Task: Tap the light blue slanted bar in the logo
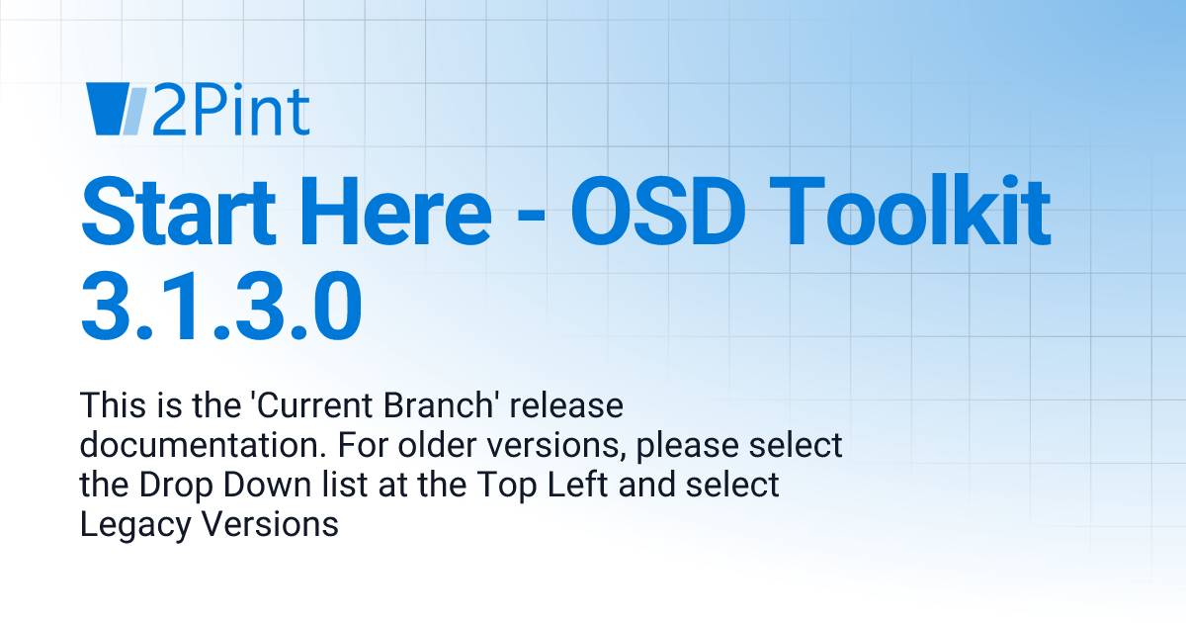pos(134,110)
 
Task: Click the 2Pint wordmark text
pos(230,110)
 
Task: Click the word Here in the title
pos(414,210)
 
